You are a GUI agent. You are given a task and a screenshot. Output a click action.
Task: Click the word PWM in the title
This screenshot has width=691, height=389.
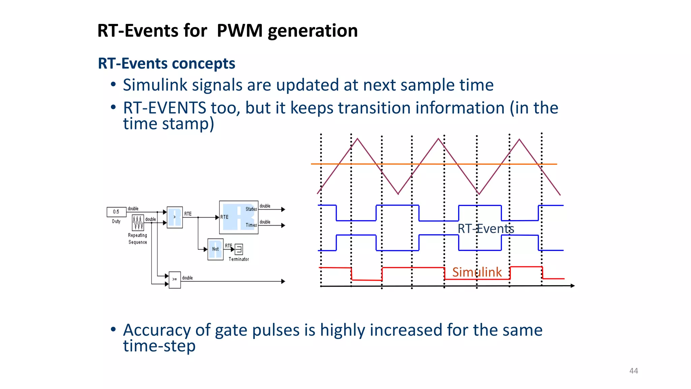(x=239, y=31)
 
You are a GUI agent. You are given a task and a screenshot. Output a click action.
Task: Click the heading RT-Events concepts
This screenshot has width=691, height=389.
(x=166, y=63)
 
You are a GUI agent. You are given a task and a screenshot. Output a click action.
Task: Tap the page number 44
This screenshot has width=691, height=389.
(x=633, y=371)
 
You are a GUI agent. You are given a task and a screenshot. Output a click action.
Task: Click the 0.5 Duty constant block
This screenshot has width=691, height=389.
(x=116, y=212)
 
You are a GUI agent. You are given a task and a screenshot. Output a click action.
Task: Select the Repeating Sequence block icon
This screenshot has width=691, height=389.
(x=138, y=223)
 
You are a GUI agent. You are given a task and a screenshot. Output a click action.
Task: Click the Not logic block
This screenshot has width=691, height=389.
(x=215, y=249)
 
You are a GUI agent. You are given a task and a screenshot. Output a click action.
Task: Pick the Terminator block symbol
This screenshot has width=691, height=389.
(x=239, y=250)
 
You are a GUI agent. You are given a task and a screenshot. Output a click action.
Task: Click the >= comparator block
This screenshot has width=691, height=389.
(x=174, y=280)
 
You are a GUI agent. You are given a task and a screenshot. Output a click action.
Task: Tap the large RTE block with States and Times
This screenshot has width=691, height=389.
(x=238, y=217)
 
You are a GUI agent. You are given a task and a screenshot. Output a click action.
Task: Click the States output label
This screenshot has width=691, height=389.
(x=251, y=209)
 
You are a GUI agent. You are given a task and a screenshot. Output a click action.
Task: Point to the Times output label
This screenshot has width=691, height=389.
(x=251, y=225)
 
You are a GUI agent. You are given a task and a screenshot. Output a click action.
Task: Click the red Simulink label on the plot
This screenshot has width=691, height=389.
(x=477, y=272)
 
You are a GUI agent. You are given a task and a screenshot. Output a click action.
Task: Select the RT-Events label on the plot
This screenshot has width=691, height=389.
(x=486, y=229)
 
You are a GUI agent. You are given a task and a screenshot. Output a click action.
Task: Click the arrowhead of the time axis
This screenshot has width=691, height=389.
(x=573, y=286)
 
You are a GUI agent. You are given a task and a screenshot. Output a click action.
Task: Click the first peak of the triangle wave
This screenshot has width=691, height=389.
(x=357, y=139)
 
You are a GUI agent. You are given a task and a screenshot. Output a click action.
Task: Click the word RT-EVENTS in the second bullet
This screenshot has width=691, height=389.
(x=164, y=108)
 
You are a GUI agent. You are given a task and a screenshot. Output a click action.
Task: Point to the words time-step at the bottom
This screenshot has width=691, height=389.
(x=159, y=346)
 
